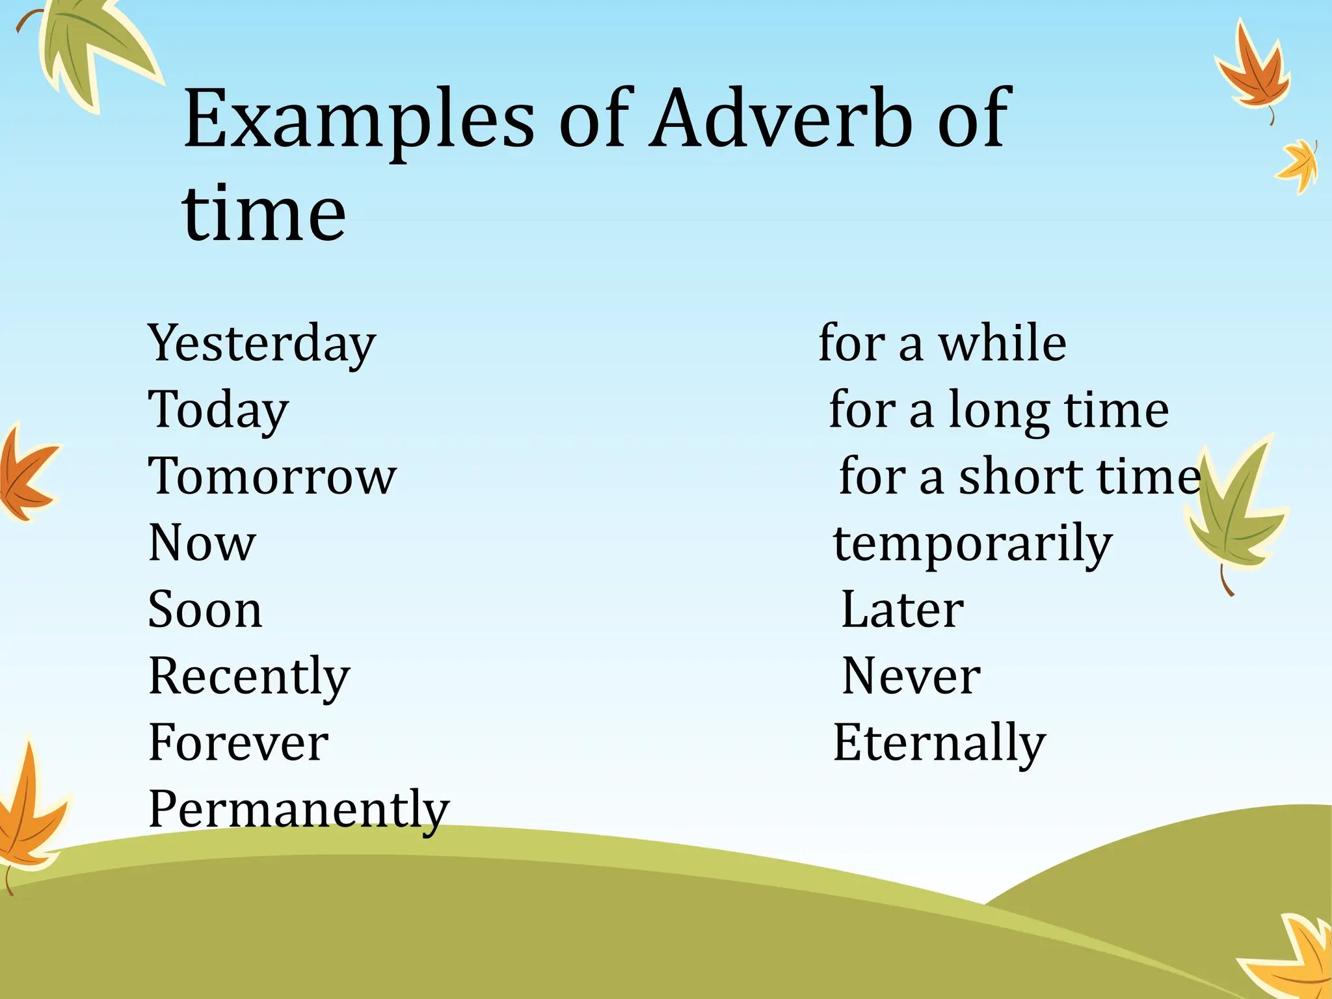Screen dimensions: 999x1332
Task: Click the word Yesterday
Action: pos(261,343)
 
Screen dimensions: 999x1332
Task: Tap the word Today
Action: pos(219,410)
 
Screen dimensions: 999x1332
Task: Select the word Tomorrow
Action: pos(272,477)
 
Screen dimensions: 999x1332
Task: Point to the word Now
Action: pos(202,543)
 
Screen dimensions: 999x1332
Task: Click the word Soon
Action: pos(206,610)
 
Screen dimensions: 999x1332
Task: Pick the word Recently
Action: pos(249,677)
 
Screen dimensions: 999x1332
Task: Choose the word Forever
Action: pos(238,743)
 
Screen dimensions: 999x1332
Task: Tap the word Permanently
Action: pos(299,810)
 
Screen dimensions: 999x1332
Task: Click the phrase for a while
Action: pos(942,343)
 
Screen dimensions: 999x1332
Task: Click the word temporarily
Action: pos(973,544)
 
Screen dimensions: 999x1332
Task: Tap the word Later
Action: pos(903,610)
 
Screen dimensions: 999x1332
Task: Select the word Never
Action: pos(911,677)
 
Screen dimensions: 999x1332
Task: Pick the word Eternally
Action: pos(940,743)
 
